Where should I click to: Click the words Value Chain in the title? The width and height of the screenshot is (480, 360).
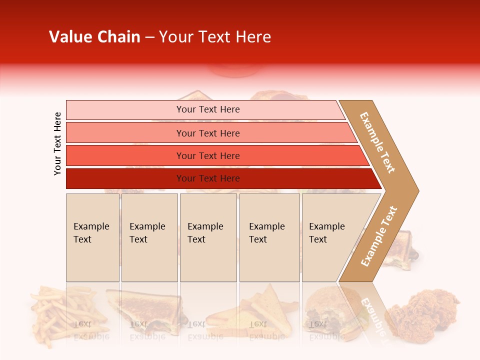coord(94,37)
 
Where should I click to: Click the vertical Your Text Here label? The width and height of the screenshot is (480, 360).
coord(57,144)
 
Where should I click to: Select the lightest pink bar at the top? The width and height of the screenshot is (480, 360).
coord(207,109)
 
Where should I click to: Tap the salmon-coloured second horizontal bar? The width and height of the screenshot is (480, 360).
coord(207,133)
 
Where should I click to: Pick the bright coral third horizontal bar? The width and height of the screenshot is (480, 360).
coord(207,155)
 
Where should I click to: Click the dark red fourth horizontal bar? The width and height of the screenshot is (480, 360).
coord(207,178)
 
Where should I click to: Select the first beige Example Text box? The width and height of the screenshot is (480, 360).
coord(92,237)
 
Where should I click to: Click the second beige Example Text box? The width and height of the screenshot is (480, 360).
coord(149,237)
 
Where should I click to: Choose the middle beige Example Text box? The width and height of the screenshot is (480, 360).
coord(208,237)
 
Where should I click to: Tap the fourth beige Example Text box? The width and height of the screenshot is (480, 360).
coord(269,237)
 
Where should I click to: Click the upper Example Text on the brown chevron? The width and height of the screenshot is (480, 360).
coord(377,143)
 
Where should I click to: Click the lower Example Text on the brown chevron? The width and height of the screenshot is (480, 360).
coord(379,236)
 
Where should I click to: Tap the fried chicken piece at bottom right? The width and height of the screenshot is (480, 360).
coord(425,312)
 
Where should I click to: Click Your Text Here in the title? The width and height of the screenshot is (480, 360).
coord(215,37)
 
